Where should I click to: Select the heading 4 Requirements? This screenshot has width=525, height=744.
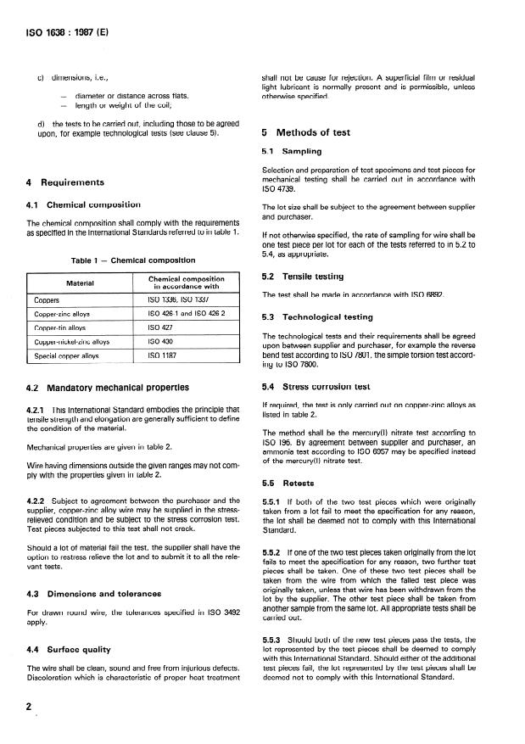[66, 182]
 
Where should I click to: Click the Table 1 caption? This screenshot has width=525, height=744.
[132, 260]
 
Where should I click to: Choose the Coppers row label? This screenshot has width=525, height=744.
[46, 299]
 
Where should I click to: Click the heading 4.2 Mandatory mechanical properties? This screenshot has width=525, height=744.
[108, 388]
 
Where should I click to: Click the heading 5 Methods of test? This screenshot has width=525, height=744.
[307, 133]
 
